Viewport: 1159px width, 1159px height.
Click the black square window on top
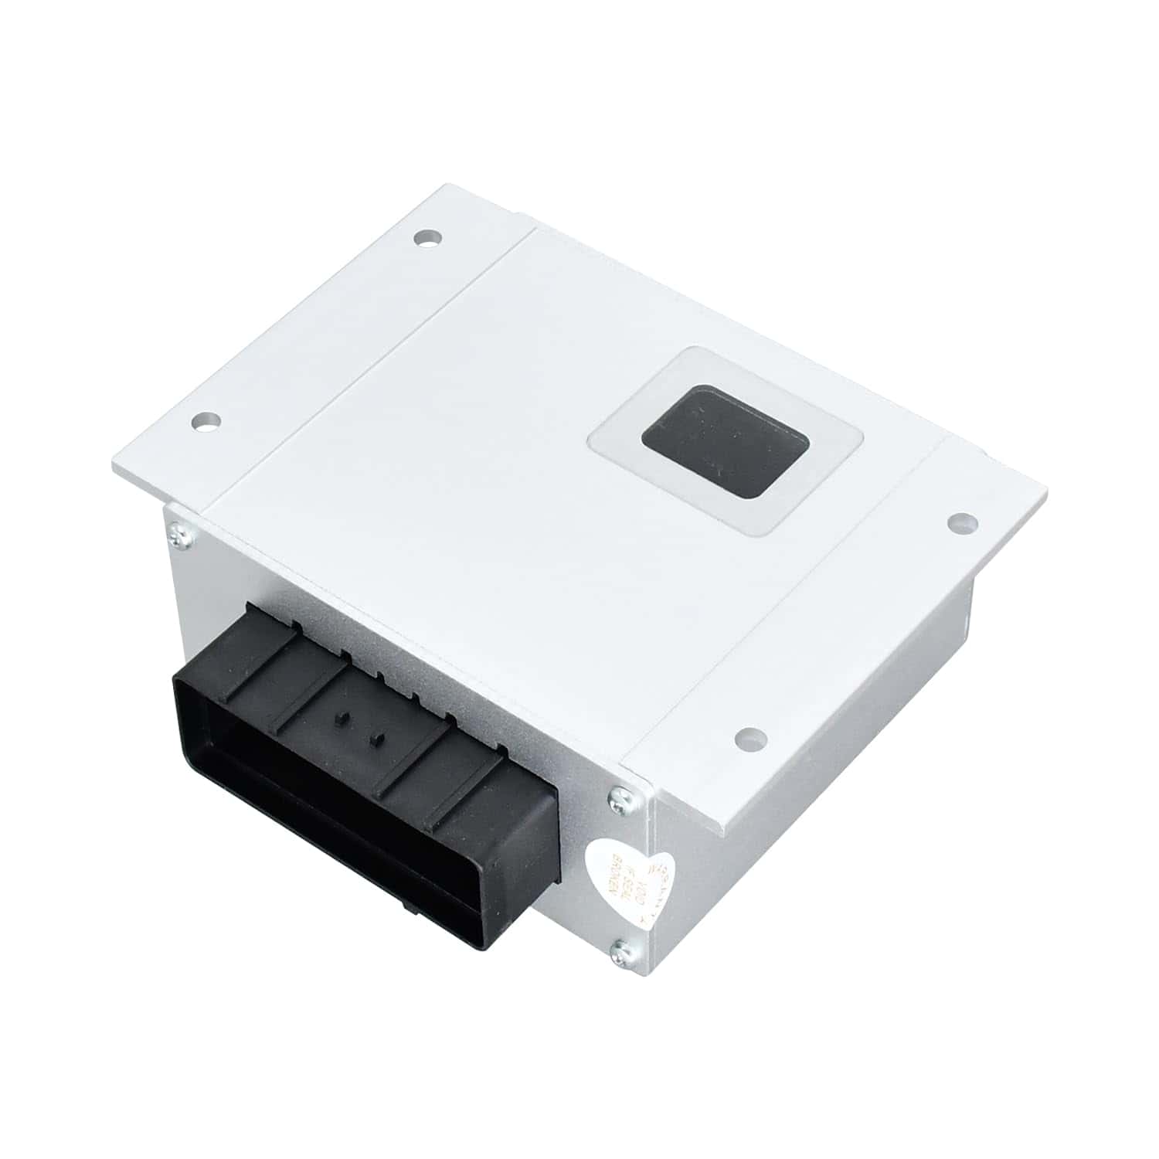(725, 440)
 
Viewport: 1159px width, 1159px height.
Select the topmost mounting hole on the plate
(424, 237)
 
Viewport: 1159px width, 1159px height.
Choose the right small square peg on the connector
(376, 740)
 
